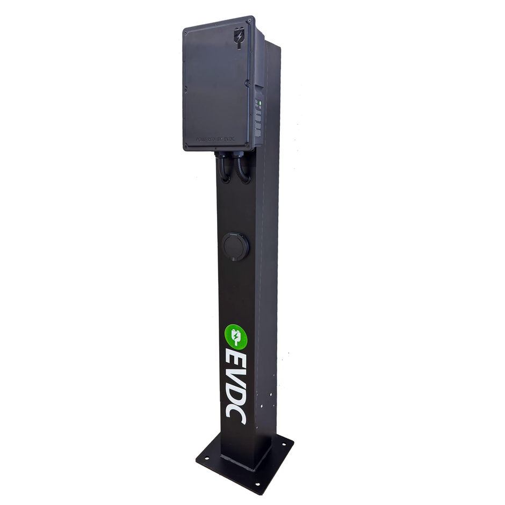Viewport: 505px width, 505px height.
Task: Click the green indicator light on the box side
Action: point(258,102)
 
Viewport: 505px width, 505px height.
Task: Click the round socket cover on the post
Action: point(235,246)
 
